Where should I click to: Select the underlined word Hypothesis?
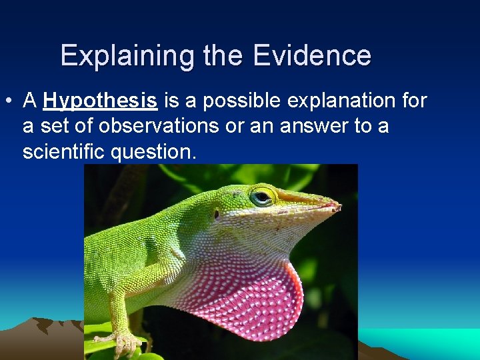(100, 101)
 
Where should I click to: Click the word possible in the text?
(243, 101)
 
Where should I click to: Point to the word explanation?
(341, 101)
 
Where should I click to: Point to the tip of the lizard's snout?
(337, 207)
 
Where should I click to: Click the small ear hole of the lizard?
(217, 214)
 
